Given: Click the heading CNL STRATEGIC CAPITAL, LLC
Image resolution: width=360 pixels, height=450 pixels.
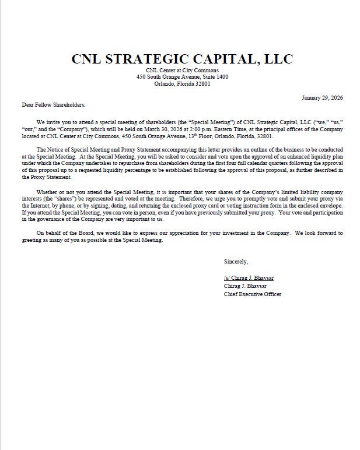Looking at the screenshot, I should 182,59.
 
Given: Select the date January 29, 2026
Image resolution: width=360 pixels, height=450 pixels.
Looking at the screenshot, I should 322,97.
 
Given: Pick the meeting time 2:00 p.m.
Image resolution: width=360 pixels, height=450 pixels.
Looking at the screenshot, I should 207,129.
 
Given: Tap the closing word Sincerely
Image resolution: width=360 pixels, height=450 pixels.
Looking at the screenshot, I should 236,261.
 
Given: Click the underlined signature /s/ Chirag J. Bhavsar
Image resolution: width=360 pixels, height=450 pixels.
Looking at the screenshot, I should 249,278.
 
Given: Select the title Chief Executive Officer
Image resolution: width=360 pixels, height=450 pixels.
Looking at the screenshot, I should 253,294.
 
